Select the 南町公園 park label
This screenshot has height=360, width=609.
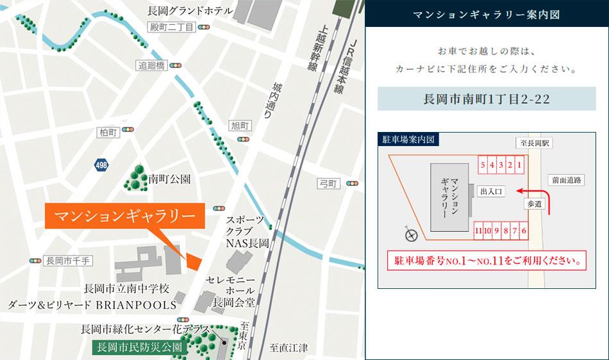tap(169, 179)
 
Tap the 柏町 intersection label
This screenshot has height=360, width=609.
tap(108, 132)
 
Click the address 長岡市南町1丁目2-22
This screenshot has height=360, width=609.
tap(487, 99)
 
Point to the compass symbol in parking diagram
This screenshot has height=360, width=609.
tap(410, 234)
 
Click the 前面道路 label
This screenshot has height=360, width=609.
tap(566, 181)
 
